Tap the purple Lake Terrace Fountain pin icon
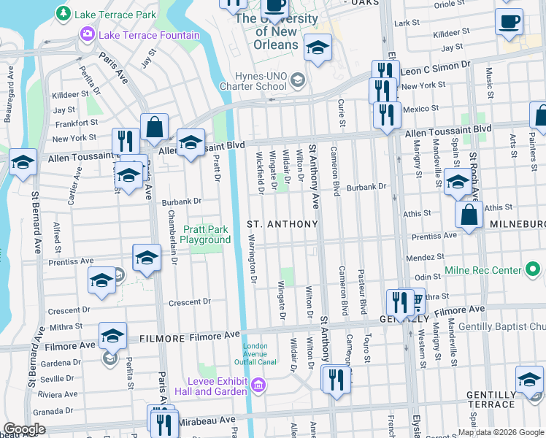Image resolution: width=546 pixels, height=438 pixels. (88, 34)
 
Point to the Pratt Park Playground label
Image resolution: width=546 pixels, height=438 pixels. (205, 234)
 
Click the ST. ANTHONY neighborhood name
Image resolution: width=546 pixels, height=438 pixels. (282, 223)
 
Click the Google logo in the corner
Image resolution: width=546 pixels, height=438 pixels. (24, 429)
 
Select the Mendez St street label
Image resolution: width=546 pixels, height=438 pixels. (425, 258)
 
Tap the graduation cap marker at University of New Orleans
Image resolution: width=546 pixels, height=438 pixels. (317, 50)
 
